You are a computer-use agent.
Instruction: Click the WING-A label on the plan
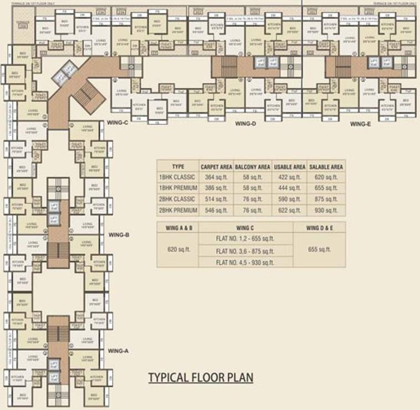[119, 351]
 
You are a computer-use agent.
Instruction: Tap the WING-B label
[119, 235]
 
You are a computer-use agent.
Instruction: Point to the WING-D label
[245, 124]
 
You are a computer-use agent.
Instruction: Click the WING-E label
[360, 124]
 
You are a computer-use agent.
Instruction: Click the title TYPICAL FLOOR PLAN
[201, 378]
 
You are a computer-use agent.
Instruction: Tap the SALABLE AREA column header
[326, 166]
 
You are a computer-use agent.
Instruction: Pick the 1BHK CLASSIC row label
[177, 177]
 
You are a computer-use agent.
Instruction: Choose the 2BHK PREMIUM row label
[177, 210]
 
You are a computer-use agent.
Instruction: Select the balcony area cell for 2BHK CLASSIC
[252, 199]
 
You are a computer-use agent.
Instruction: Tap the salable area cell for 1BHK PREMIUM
[326, 188]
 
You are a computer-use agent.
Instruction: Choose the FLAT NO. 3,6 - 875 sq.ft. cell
[245, 251]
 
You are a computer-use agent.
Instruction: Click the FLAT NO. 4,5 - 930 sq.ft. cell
[245, 262]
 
